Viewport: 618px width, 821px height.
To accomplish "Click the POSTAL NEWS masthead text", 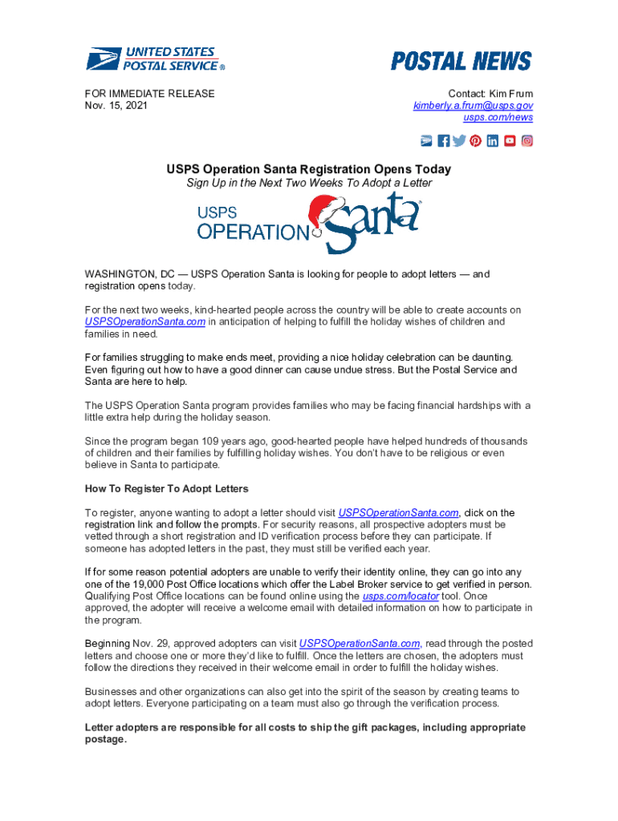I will [x=461, y=62].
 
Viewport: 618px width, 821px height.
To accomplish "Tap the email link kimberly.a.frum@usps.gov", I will [x=473, y=106].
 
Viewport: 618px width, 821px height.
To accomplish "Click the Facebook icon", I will [x=444, y=141].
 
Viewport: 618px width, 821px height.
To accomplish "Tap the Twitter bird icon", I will [x=459, y=141].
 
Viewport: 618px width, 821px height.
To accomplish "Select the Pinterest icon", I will [x=476, y=141].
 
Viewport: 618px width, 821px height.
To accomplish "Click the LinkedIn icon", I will [x=493, y=141].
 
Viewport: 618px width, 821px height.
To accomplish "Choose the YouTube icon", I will [x=510, y=141].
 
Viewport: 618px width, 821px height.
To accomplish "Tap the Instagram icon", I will [x=527, y=141].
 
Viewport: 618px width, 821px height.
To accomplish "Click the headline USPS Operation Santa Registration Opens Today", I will [x=308, y=169].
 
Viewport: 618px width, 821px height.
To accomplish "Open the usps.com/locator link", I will [x=400, y=597].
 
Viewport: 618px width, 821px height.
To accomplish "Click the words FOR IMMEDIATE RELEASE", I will [x=150, y=94].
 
